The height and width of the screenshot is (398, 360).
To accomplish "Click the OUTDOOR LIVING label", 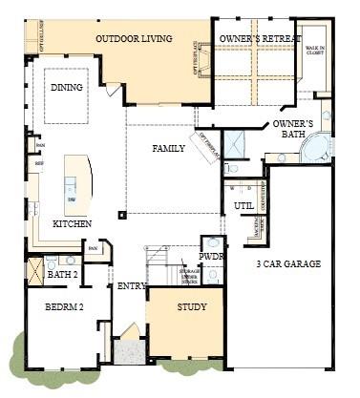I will (134, 39).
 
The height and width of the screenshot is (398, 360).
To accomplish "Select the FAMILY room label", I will (168, 148).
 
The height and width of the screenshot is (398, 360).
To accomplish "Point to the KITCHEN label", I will (72, 223).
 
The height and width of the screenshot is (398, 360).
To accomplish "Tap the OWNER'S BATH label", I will (292, 130).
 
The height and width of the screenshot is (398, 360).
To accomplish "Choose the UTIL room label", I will (244, 204).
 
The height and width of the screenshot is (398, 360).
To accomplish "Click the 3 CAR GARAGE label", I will (287, 263).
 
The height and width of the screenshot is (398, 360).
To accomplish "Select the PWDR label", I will (211, 258).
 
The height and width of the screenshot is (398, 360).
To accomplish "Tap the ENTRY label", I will (131, 285).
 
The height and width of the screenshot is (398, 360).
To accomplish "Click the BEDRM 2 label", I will (63, 308).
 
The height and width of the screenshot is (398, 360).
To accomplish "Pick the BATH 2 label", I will (62, 275).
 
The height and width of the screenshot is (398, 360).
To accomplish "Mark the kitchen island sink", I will (72, 199).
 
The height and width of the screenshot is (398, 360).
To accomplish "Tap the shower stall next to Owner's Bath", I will (235, 143).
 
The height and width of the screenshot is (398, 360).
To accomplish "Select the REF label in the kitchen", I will (39, 164).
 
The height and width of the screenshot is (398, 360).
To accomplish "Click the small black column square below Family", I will (120, 215).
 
